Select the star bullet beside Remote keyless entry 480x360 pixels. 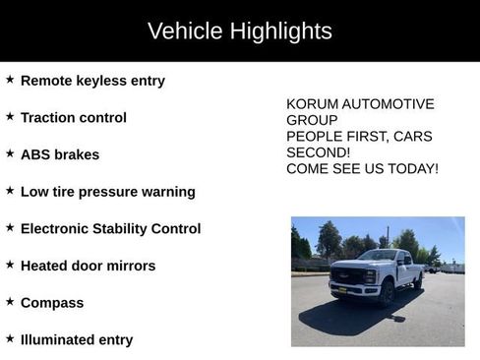point(10,80)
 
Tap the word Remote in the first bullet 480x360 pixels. point(47,81)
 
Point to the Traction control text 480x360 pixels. point(74,118)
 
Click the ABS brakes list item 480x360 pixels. point(60,155)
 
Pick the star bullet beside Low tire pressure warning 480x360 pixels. point(10,191)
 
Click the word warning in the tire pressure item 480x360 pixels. point(166,192)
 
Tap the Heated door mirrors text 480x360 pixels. point(88,267)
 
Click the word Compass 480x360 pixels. point(52,303)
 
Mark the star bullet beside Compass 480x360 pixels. point(10,302)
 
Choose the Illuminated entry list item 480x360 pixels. point(77,340)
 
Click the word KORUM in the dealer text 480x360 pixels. point(311,104)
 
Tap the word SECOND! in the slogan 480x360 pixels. point(318,152)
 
